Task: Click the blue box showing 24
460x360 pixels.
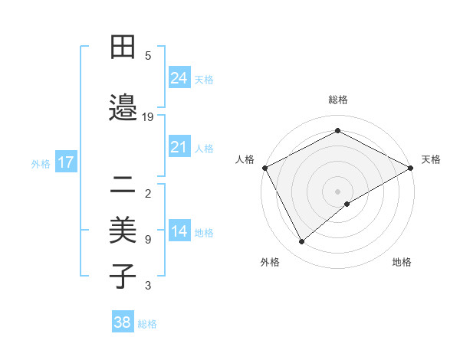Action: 179,78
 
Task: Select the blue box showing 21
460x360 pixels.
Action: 179,147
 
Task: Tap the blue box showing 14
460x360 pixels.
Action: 179,231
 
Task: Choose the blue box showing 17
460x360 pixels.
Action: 65,162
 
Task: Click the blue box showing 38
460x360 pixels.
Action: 123,323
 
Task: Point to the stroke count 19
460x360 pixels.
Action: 149,117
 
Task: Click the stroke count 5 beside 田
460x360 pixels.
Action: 148,55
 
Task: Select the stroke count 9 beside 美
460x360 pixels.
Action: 148,240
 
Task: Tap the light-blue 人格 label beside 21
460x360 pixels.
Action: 204,148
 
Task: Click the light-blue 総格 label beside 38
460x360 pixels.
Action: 147,324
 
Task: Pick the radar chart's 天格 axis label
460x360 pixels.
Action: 431,159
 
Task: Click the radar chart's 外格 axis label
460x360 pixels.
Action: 270,262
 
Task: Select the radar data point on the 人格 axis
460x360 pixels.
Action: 264,168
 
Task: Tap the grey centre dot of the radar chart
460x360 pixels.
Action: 337,191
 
